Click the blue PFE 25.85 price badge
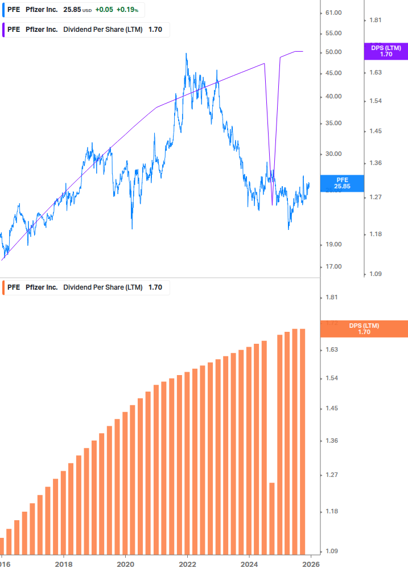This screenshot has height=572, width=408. (341, 183)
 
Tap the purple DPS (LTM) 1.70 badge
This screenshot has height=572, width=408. (386, 51)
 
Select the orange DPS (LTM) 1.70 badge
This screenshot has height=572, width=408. (364, 329)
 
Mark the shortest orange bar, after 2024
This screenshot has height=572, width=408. (272, 518)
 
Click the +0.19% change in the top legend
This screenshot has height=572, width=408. (128, 10)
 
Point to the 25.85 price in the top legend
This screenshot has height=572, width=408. (72, 10)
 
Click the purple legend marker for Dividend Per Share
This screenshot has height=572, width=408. (4, 30)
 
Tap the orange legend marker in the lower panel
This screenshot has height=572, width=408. (4, 287)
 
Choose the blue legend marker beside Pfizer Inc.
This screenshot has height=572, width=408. (4, 10)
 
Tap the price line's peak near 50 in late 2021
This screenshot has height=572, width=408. (186, 54)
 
